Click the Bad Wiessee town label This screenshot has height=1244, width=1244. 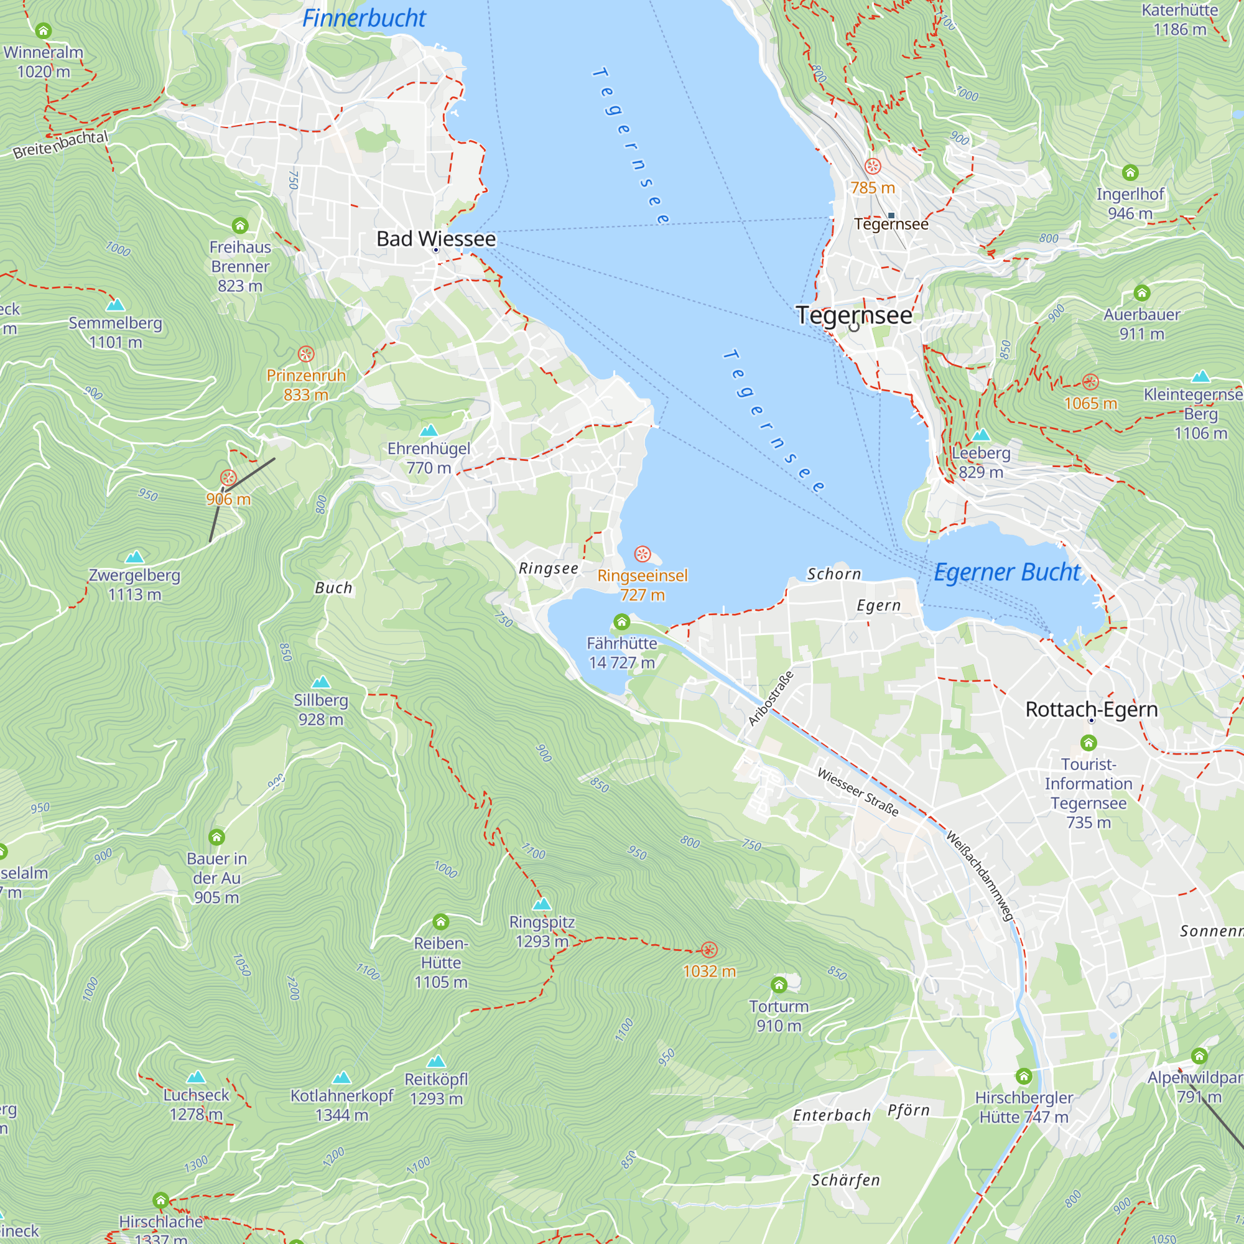[436, 239]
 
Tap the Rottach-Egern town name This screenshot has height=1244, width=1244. [1092, 710]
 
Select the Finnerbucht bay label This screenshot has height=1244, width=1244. [364, 19]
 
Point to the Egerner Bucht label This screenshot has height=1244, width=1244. [1006, 572]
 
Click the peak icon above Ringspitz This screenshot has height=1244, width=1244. [542, 904]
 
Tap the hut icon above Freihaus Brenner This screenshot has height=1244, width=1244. [240, 225]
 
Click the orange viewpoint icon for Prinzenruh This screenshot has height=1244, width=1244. [306, 353]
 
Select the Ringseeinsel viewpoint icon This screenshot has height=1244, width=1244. [643, 554]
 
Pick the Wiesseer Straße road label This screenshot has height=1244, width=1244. [858, 792]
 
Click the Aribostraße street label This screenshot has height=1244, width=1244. [771, 698]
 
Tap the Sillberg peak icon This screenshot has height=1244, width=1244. [321, 682]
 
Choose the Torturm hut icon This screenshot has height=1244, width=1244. [779, 985]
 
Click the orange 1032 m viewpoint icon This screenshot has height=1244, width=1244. [709, 950]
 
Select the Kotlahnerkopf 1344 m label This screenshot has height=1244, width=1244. [342, 1105]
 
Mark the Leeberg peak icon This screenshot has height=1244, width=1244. [981, 435]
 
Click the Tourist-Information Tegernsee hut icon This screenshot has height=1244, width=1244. [1088, 743]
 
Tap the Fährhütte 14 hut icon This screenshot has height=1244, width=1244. [621, 622]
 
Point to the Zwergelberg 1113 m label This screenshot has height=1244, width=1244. [134, 585]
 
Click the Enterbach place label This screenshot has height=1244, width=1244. [832, 1115]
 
